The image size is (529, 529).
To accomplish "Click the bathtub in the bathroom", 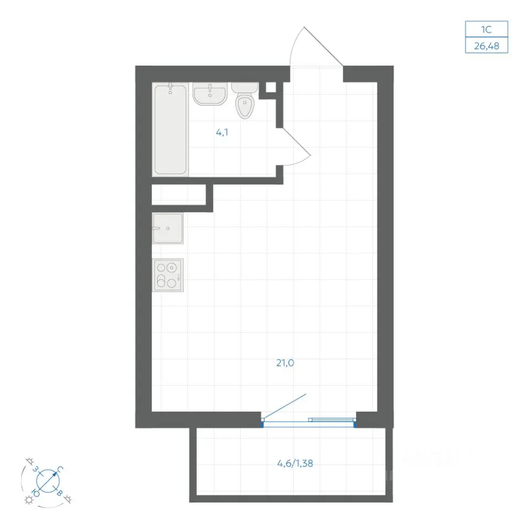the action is coord(170,129).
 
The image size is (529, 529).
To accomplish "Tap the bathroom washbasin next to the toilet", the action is coord(210,94).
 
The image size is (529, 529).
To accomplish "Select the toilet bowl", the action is coord(245,106).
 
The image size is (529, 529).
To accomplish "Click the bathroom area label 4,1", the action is coord(222,132).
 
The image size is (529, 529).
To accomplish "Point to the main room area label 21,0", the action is coord(285,363).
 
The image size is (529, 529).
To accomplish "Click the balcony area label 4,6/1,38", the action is coord(295,463).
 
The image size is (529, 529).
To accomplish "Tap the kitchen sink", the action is coord(168,228).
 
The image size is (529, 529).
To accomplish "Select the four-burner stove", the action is coord(168,275).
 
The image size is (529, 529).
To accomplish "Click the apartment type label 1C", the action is coord(486,29).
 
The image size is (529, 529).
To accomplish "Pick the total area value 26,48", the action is coord(487,46).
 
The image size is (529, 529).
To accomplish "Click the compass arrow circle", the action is coord(48,481).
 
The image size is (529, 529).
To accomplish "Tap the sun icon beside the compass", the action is coord(29,500).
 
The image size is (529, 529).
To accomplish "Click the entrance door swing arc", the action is coord(294,42).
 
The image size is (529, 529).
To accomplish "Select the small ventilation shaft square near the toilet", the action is coord(271,88).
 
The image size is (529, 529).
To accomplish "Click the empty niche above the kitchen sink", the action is coord(179,195).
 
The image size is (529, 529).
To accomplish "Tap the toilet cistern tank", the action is coord(245,88).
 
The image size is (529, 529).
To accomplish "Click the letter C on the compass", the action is coord(60,469).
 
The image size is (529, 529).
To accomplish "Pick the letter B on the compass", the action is coord(60,493).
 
